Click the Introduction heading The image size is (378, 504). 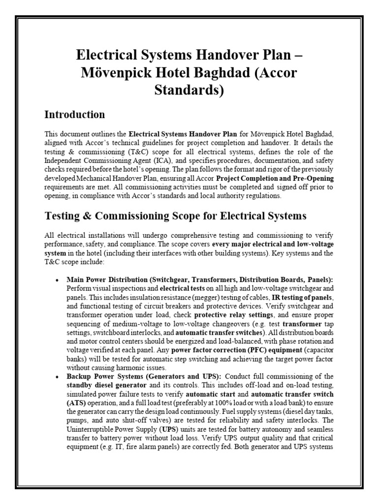coord(74,115)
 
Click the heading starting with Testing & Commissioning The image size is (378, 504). coord(175,216)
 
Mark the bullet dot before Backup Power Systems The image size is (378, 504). coord(58,377)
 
